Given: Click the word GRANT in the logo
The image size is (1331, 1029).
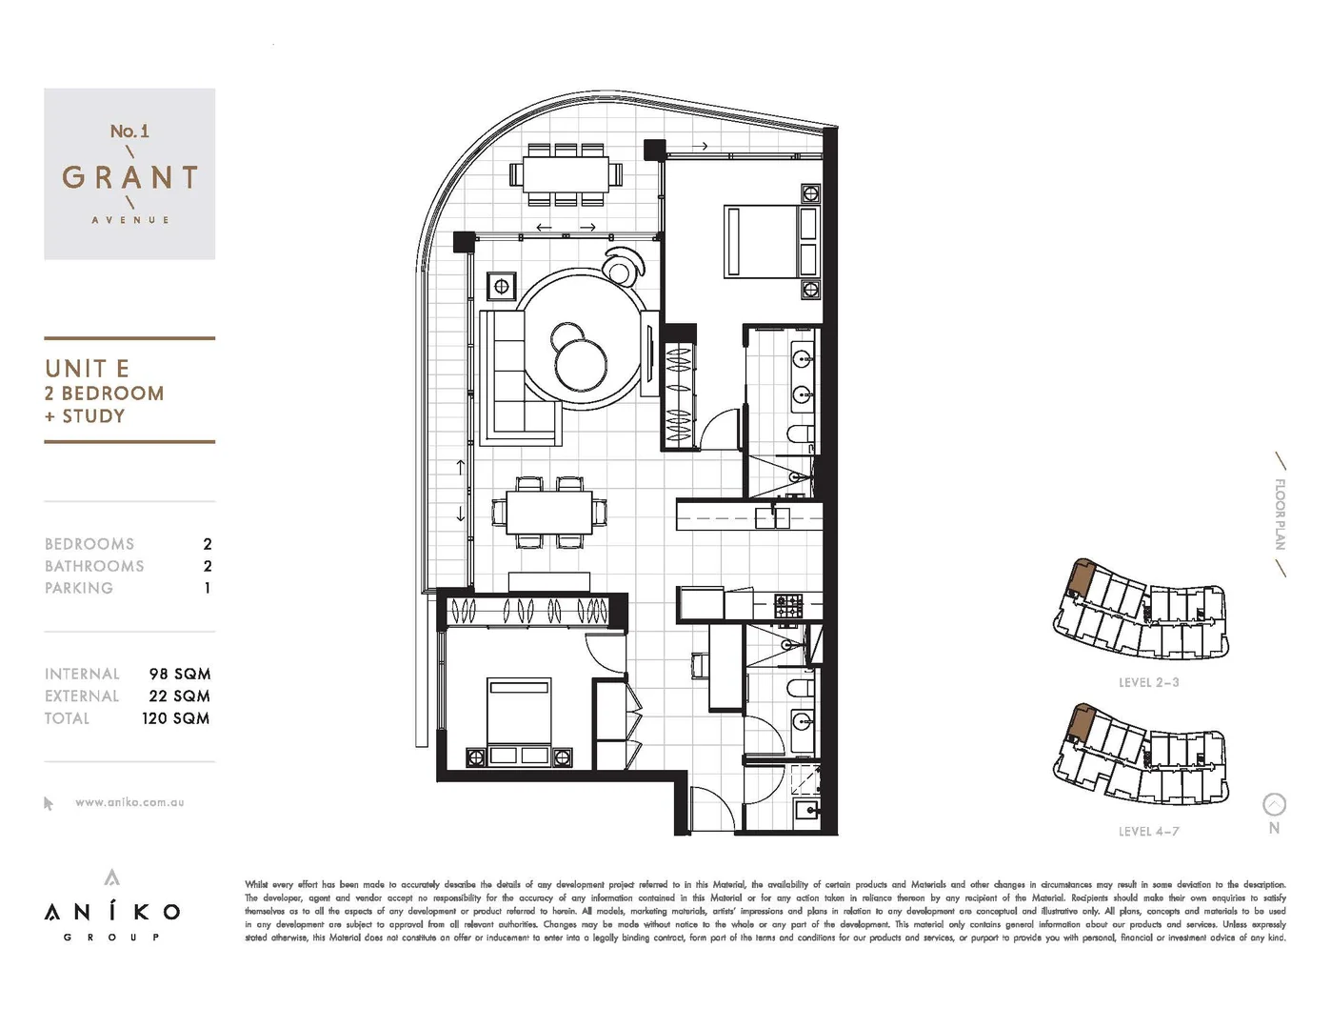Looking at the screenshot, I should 129,178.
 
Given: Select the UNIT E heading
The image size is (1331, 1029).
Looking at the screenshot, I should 87,369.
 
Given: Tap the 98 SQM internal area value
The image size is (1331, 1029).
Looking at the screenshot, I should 179,674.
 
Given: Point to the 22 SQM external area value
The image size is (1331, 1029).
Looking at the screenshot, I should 179,696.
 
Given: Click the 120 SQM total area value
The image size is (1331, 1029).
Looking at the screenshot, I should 176,718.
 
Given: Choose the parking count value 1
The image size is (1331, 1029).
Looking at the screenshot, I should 207,588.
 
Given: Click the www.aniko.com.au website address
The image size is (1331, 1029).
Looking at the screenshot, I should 129,802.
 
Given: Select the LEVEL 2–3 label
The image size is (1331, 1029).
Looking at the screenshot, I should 1148,682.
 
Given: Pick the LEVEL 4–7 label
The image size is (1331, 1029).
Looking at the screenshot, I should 1148,831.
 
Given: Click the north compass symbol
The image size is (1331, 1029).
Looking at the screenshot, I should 1274,805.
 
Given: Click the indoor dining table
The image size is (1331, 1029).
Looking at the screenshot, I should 548,513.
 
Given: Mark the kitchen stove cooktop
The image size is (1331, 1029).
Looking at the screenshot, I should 787,604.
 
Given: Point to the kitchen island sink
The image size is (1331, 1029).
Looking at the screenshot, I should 772,517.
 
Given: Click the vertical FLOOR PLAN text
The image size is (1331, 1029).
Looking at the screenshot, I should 1281,514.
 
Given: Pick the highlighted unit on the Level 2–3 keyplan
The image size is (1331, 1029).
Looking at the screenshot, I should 1080,580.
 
